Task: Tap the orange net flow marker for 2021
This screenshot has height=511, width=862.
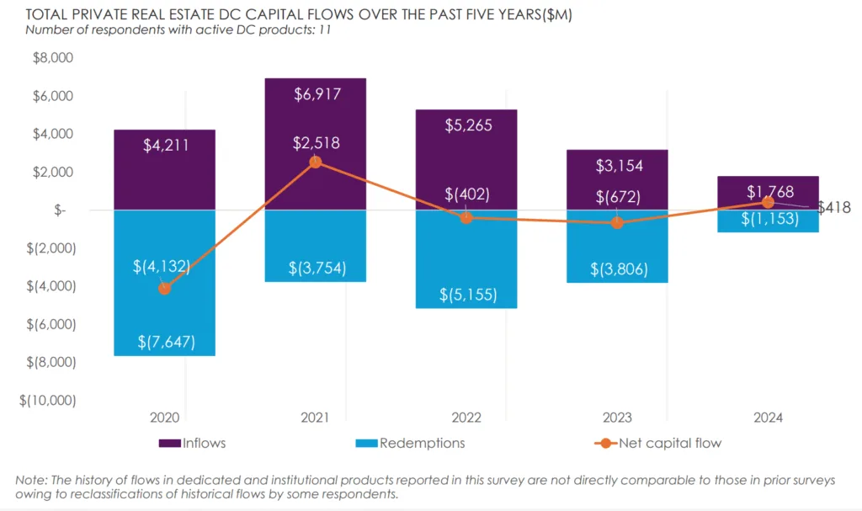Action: coord(315,162)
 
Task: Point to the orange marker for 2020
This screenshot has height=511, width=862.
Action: coord(164,289)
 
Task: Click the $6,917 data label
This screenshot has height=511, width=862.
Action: coord(317,94)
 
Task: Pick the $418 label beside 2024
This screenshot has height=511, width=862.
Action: coord(834,207)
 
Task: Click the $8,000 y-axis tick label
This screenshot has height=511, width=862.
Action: coord(53,58)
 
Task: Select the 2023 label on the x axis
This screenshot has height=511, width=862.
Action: coord(617,418)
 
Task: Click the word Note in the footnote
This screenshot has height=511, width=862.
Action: coord(30,480)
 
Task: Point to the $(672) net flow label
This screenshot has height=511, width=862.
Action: coord(617,198)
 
